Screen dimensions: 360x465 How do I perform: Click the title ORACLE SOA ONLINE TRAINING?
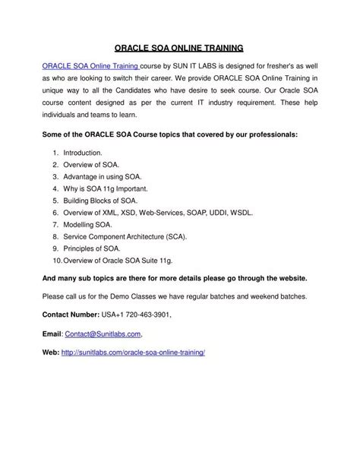[179, 46]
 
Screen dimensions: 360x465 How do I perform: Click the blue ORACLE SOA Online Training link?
[85, 67]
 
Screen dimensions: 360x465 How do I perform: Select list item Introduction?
[83, 153]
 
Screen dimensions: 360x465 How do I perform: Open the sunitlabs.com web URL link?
[134, 353]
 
